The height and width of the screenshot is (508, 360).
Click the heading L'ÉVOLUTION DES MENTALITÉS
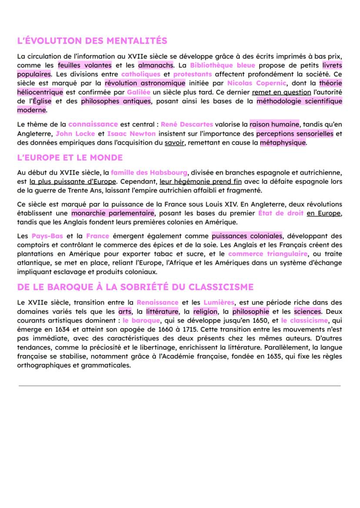point(92,41)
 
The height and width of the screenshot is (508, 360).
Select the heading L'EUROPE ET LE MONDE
point(70,157)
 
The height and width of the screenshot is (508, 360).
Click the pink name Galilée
point(139,92)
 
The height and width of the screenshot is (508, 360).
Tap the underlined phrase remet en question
point(281,92)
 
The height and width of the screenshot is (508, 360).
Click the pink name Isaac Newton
point(130,133)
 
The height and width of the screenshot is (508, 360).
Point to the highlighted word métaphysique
point(283,143)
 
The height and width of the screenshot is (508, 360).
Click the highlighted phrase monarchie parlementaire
point(113,213)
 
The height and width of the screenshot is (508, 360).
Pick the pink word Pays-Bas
point(47,236)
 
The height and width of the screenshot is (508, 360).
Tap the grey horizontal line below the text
point(180,385)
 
